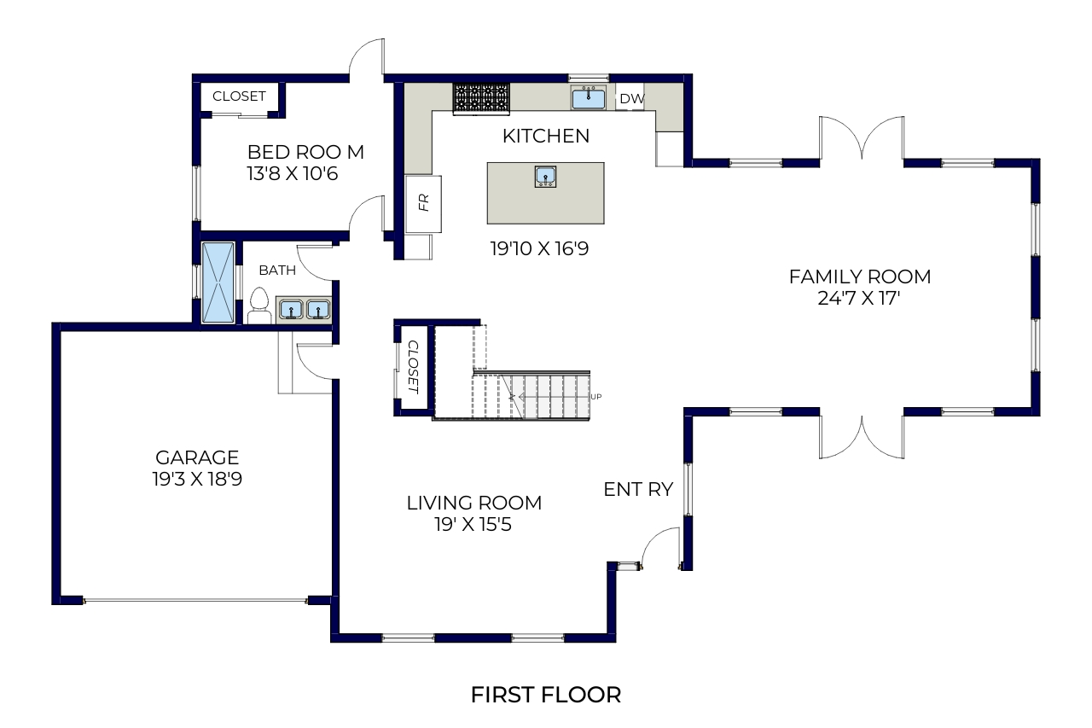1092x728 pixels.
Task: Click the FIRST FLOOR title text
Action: [545, 695]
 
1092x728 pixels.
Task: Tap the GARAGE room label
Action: [197, 457]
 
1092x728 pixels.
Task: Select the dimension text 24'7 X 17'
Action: [858, 298]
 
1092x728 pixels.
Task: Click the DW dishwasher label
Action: [632, 98]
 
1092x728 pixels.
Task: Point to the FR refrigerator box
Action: [423, 204]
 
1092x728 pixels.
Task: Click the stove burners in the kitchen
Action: [482, 97]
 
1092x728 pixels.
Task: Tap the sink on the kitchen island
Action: [545, 177]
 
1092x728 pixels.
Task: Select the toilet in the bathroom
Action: [259, 306]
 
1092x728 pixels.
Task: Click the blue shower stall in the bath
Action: [218, 282]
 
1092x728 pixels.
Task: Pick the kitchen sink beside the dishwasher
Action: [589, 98]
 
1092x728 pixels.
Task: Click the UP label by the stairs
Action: [595, 397]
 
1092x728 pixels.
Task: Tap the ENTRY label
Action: [638, 489]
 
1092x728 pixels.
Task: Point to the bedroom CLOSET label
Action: [239, 96]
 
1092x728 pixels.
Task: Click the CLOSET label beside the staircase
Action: [413, 367]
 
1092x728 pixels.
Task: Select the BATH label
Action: [277, 271]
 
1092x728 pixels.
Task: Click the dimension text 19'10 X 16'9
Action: [539, 248]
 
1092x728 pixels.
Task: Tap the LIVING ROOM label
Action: [474, 503]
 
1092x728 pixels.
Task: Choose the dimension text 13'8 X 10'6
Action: [292, 173]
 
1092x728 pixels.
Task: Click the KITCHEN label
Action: [546, 136]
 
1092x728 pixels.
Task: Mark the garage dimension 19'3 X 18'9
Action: [197, 480]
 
